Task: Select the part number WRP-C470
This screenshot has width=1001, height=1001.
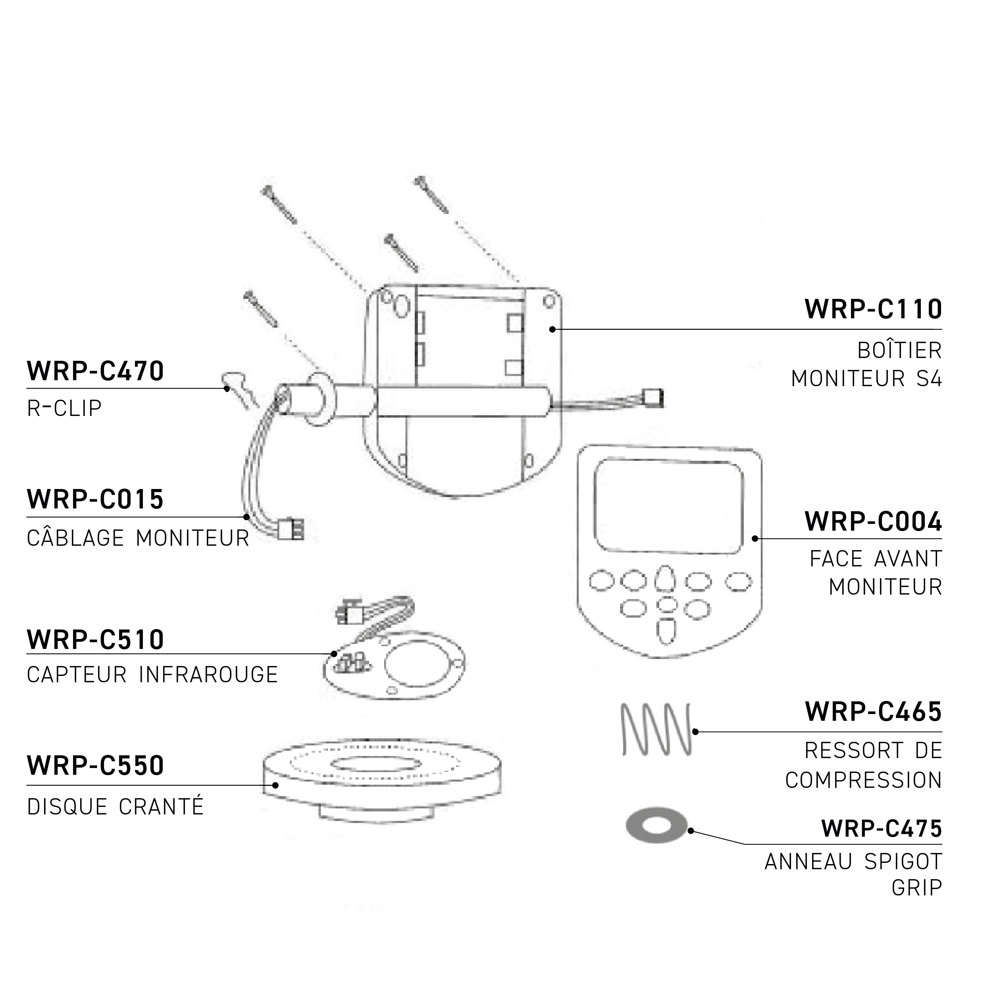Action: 95,371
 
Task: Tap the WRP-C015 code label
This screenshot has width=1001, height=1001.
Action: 95,499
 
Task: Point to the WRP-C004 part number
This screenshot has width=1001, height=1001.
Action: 873,522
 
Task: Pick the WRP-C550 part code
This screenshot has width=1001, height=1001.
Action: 95,765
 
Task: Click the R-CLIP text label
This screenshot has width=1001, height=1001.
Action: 64,408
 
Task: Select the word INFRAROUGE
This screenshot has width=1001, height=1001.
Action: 208,675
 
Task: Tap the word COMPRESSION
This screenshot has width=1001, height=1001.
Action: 863,780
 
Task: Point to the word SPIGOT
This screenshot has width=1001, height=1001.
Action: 903,862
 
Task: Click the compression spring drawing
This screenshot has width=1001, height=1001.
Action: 656,729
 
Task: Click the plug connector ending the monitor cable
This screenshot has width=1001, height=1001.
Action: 291,530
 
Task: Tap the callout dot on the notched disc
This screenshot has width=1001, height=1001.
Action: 275,785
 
